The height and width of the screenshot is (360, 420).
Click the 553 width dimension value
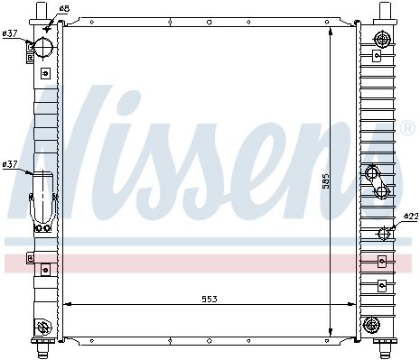click(210, 299)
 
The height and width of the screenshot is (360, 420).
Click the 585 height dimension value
click(326, 181)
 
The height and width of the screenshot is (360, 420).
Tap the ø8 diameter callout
click(64, 8)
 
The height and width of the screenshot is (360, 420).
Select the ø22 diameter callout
click(411, 216)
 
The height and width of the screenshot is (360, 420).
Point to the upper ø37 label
click(10, 33)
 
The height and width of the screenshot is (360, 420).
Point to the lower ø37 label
click(10, 164)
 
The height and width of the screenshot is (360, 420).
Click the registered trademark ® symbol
click(407, 128)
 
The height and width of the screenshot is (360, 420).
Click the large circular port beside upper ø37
click(43, 47)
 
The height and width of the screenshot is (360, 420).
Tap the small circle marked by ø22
click(384, 234)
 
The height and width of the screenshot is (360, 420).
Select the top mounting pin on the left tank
click(41, 11)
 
